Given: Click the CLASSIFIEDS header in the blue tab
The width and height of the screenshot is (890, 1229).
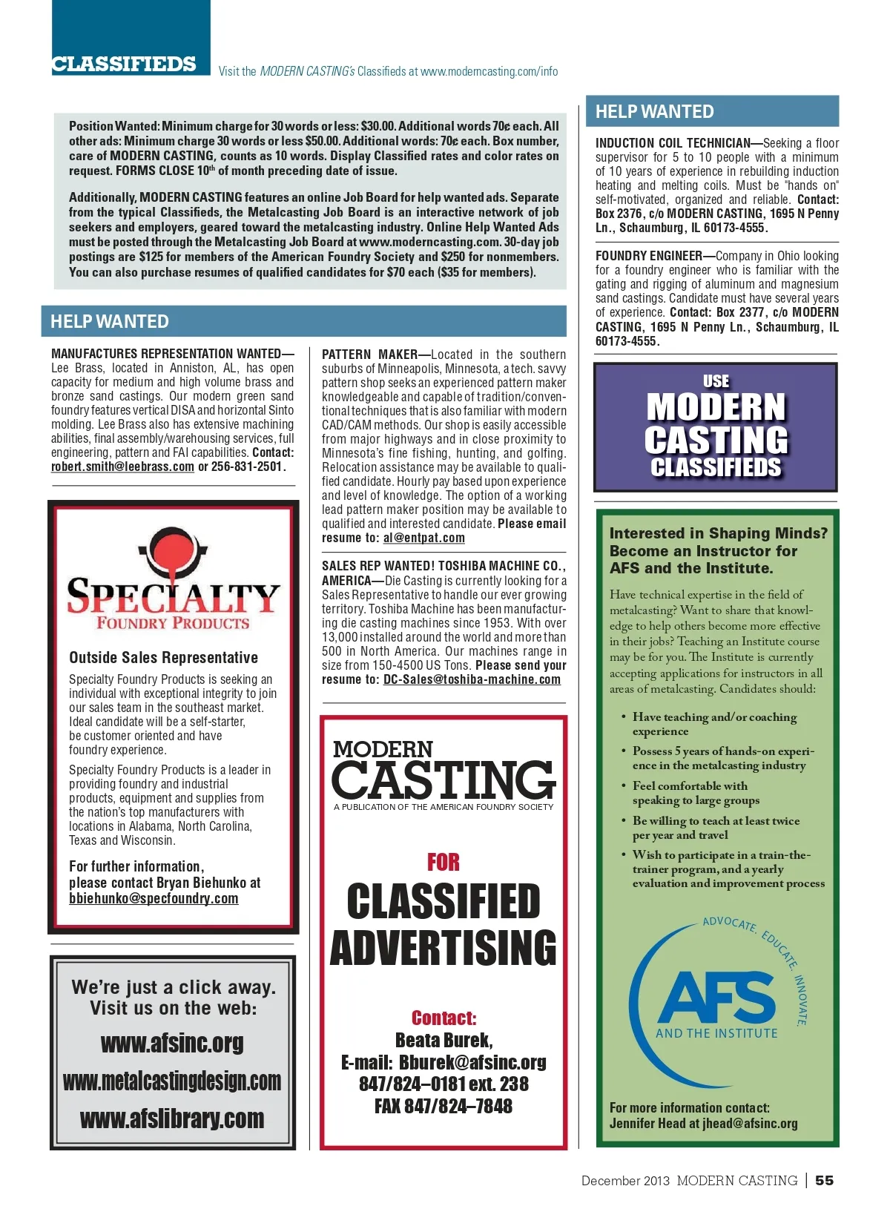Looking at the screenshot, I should click(124, 65).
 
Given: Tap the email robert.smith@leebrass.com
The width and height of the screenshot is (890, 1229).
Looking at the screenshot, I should click(122, 467).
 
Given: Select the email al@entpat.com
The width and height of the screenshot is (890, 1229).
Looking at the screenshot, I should click(423, 538).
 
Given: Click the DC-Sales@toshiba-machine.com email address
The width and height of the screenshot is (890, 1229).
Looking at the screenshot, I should click(472, 679).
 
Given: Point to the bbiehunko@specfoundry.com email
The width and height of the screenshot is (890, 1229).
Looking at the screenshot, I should click(154, 898).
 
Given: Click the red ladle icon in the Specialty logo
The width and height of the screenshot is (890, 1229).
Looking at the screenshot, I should click(171, 553).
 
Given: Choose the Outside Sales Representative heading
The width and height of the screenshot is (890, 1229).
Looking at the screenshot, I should click(163, 657).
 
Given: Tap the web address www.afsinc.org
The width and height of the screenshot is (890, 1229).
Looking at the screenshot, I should click(172, 1043).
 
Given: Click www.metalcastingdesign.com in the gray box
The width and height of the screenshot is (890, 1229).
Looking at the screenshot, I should click(172, 1081).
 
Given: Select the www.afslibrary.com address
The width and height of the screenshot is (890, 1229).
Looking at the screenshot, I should click(172, 1118).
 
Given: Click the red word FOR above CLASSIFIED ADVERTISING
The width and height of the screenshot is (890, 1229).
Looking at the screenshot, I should click(444, 862).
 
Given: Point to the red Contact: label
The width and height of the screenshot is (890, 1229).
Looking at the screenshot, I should click(444, 1018).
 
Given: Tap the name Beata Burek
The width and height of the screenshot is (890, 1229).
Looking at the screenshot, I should click(444, 1040).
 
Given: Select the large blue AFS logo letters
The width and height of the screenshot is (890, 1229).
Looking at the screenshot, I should click(716, 998).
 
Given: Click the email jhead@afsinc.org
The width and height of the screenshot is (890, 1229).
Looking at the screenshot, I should click(750, 1123).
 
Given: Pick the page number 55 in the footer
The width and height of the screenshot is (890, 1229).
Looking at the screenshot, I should click(824, 1180).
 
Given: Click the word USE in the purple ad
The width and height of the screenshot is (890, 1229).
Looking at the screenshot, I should click(716, 381).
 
